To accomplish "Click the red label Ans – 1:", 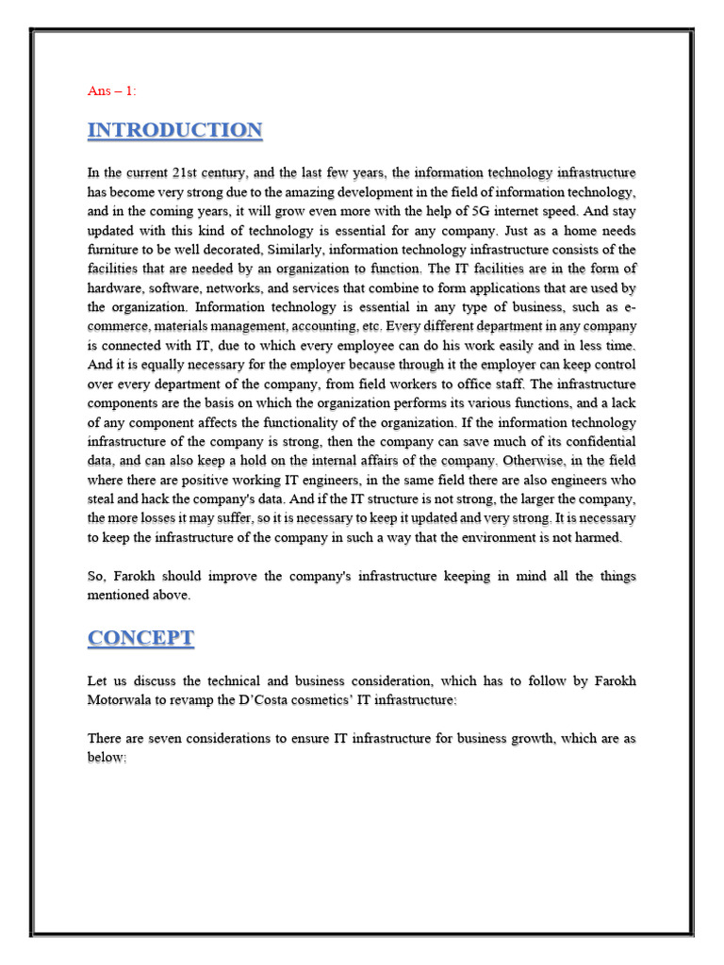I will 112,90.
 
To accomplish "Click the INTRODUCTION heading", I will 175,131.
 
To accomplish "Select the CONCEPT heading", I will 141,638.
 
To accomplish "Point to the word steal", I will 103,499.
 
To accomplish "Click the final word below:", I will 107,759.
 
